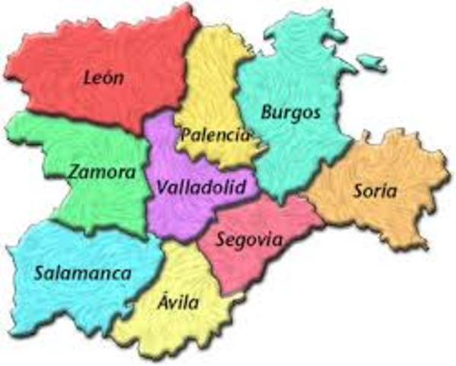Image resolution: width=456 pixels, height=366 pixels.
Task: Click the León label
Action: [104, 76]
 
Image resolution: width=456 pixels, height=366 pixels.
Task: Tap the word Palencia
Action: [215, 135]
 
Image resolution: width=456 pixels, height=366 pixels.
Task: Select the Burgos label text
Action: [291, 113]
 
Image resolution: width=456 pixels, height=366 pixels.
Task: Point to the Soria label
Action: [375, 191]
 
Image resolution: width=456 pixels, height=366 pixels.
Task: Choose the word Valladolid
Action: [202, 187]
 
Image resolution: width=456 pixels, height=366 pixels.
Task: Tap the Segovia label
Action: [249, 239]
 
